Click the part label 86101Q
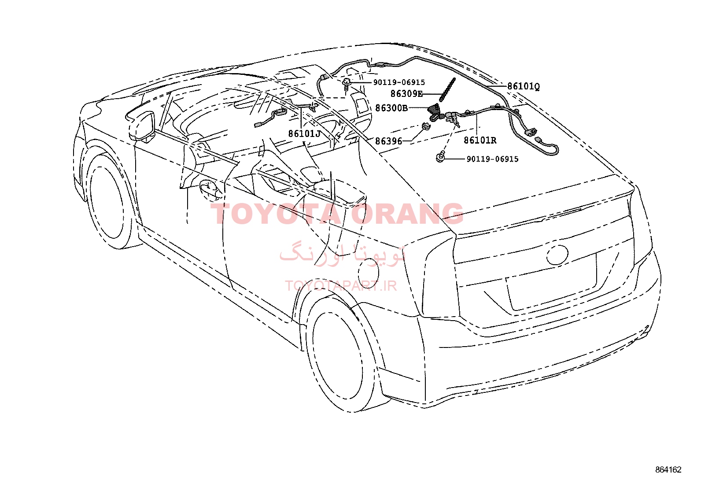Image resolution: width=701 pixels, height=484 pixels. tap(523, 86)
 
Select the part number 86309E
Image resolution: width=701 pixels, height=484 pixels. tap(406, 93)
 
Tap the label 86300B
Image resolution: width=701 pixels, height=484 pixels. tap(391, 108)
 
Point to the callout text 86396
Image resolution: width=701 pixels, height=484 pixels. tap(389, 141)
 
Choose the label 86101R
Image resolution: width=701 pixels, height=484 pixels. tap(480, 140)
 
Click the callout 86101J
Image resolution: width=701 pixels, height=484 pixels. tap(305, 134)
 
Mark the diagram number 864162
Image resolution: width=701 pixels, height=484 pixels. tap(668, 470)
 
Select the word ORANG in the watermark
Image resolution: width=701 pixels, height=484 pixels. tap(407, 214)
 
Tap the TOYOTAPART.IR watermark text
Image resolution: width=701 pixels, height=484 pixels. tap(341, 286)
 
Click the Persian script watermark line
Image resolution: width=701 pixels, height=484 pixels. tap(343, 254)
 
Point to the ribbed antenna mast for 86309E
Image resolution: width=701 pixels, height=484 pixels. tap(447, 89)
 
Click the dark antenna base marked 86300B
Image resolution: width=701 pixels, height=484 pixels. tap(434, 112)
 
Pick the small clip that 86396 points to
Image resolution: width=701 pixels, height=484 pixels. tap(426, 127)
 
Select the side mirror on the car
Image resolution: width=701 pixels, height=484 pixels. tap(142, 126)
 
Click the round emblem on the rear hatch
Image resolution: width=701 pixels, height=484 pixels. tap(557, 255)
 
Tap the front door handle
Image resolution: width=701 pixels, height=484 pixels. tap(210, 190)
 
